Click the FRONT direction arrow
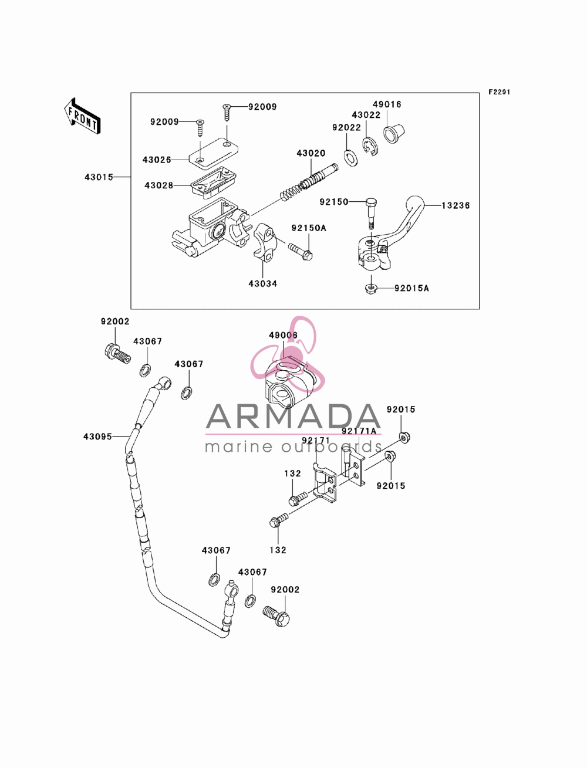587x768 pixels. click(x=82, y=116)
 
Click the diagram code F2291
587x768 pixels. click(x=500, y=92)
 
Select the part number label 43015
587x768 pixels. click(x=99, y=177)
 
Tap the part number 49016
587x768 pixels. click(x=387, y=104)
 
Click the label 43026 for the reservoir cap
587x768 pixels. click(x=157, y=160)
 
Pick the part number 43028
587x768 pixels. click(x=159, y=185)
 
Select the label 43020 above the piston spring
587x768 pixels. click(x=311, y=153)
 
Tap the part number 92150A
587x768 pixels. click(x=309, y=228)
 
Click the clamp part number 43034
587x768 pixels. click(x=263, y=284)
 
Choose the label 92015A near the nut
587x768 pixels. click(x=411, y=288)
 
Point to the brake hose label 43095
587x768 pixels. click(x=97, y=437)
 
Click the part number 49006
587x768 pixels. click(x=283, y=335)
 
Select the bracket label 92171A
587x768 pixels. click(x=359, y=431)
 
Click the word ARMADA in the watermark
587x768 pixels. click(x=293, y=417)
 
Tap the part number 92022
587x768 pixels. click(x=346, y=128)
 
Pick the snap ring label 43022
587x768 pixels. click(x=366, y=115)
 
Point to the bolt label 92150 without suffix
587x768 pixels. click(x=334, y=202)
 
